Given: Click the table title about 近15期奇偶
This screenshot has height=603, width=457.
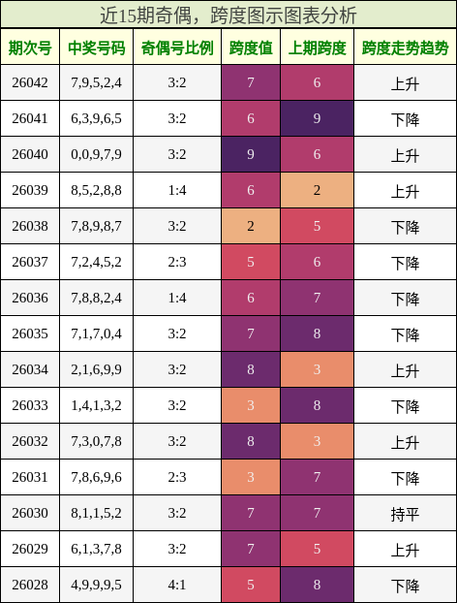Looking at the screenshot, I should click(x=228, y=15).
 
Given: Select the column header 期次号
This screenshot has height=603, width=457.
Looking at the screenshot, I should click(x=30, y=48).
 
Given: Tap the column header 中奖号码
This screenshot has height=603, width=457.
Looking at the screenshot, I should click(x=97, y=48).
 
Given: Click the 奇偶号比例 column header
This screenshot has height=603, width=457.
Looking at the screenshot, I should click(x=177, y=48).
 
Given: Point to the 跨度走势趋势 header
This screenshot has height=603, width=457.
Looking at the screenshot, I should click(x=405, y=48).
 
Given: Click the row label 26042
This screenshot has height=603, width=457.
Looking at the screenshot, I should click(x=30, y=83).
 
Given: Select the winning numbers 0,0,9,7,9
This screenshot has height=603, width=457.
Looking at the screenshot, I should click(x=97, y=155).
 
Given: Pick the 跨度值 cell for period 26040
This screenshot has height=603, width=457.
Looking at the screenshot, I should click(x=251, y=155).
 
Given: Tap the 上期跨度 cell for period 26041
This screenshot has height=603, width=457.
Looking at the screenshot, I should click(x=317, y=119).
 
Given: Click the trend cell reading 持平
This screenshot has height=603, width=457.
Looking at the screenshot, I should click(x=405, y=514).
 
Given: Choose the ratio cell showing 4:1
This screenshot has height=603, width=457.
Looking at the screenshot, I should click(x=177, y=586).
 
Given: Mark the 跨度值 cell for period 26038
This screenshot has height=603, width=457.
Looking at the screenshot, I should click(x=251, y=227).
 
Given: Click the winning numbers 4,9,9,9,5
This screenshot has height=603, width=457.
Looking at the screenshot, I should click(x=97, y=586).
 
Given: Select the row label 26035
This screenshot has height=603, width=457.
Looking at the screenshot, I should click(x=30, y=334).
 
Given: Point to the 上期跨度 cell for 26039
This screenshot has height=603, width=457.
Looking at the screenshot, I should click(x=317, y=191).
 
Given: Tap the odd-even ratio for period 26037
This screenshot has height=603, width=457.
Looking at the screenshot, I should click(x=177, y=263).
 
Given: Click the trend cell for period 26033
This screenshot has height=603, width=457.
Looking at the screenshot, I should click(x=405, y=406).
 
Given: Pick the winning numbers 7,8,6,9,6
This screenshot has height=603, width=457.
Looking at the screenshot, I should click(x=97, y=478).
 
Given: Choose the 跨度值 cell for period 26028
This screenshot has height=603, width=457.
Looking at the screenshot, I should click(x=251, y=586).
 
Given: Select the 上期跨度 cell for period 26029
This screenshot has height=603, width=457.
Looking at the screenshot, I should click(x=317, y=550).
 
